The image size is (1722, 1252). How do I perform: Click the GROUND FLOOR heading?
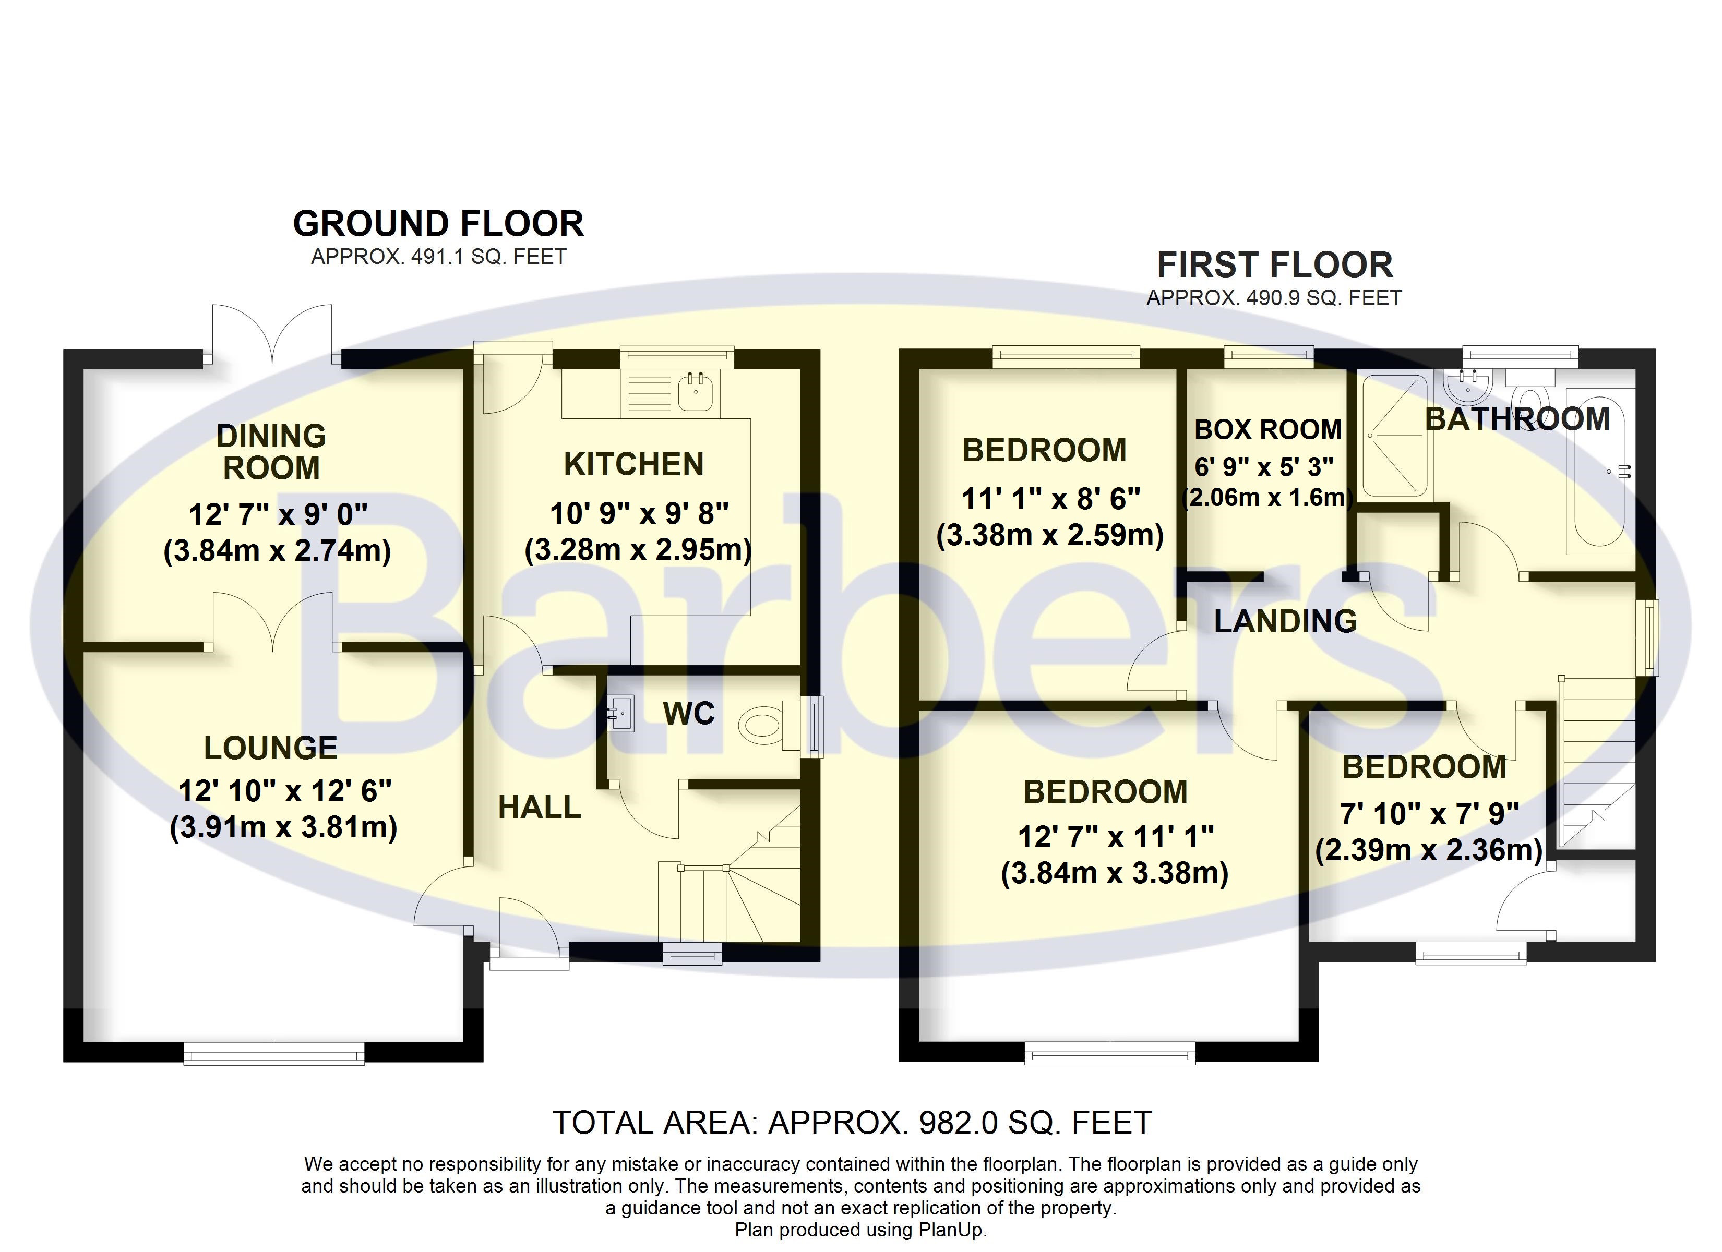point(438,224)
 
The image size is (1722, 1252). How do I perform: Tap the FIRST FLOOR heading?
point(1274,266)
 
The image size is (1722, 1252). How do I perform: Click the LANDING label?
point(1285,622)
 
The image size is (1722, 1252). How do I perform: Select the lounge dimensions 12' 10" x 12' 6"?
point(285,791)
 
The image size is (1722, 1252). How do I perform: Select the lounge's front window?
point(274,1053)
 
